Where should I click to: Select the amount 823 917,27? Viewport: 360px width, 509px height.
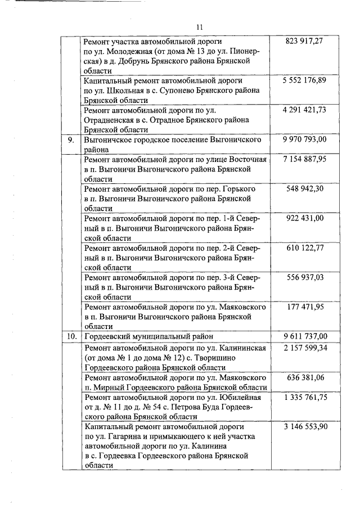[x=305, y=42]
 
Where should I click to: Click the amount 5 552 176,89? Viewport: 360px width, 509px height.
[x=305, y=80]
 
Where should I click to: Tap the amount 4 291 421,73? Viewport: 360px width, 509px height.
[x=305, y=110]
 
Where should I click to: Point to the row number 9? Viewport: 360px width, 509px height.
[x=71, y=139]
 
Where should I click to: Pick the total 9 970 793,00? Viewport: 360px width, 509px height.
[x=305, y=139]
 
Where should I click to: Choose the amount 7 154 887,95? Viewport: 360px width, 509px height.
[x=305, y=159]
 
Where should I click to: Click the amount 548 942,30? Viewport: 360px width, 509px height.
[x=305, y=188]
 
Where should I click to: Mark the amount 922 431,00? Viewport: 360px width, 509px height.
[x=305, y=218]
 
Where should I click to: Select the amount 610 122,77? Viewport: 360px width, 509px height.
[x=305, y=248]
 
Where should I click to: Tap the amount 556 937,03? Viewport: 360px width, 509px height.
[x=305, y=277]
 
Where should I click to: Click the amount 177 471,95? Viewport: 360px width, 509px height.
[x=305, y=307]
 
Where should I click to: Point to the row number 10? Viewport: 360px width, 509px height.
[x=71, y=336]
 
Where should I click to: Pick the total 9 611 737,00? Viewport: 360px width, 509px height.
[x=305, y=336]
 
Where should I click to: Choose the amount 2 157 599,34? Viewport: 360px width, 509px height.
[x=305, y=348]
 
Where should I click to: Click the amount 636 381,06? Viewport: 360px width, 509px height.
[x=305, y=377]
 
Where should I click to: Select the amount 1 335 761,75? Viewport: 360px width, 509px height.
[x=305, y=397]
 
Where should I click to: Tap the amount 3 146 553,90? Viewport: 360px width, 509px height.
[x=305, y=426]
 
